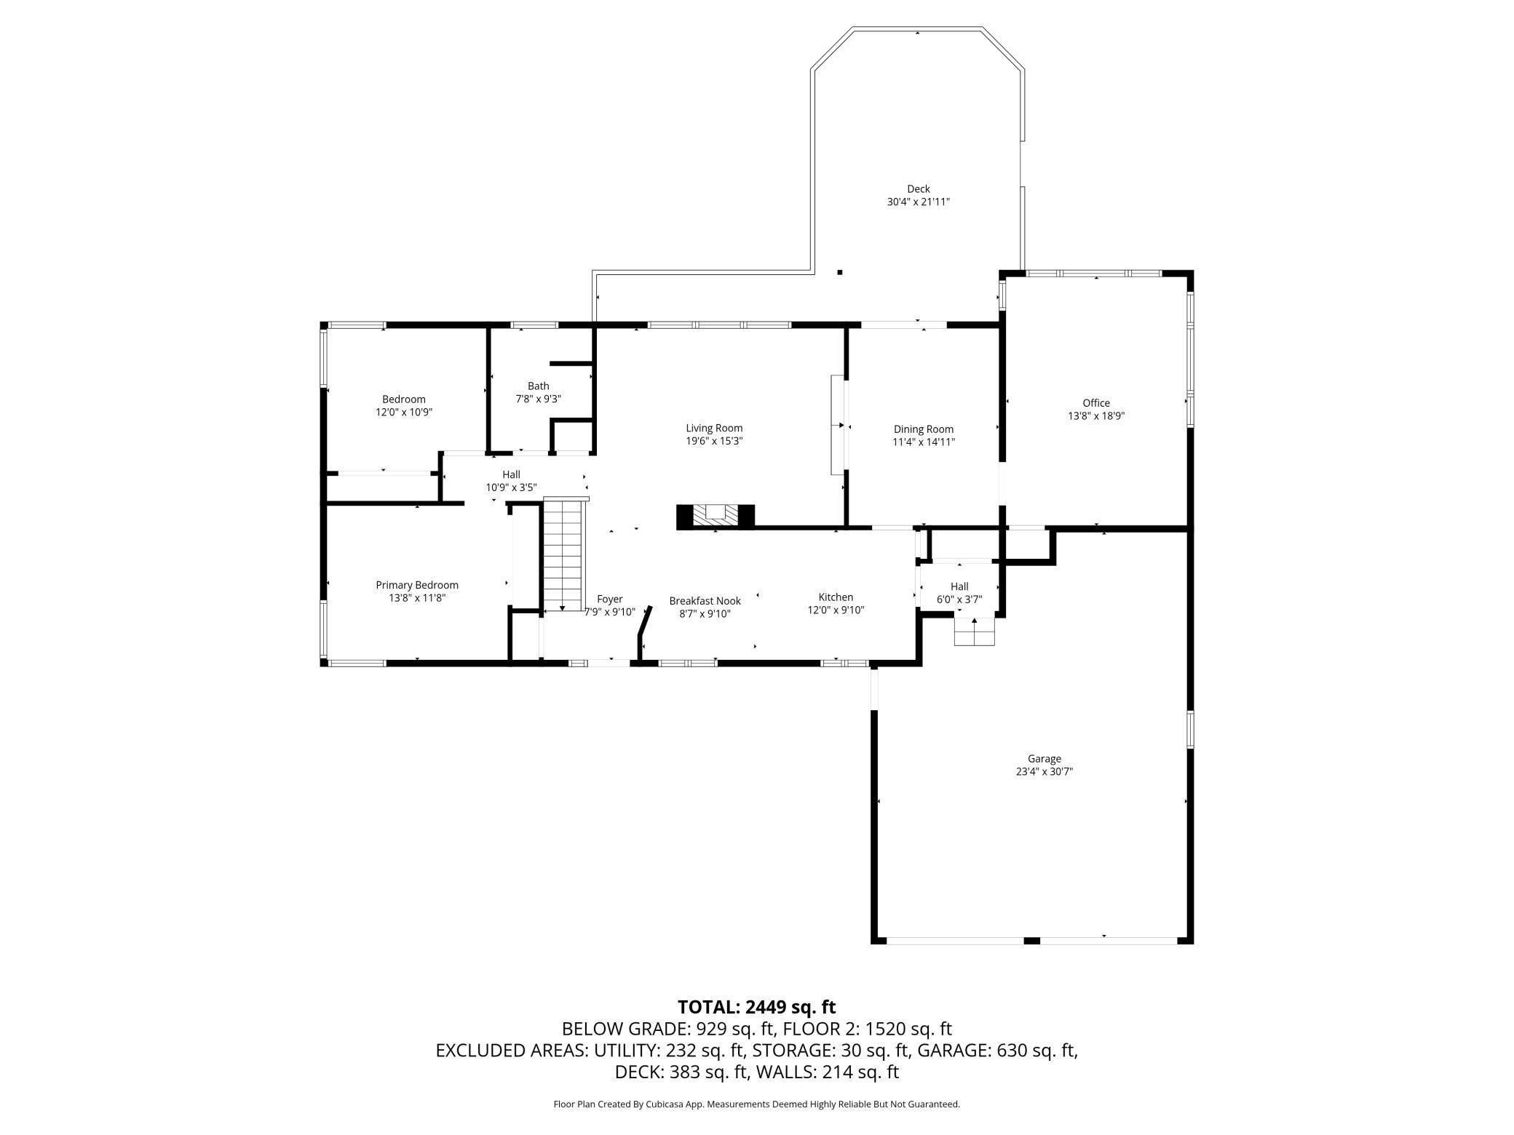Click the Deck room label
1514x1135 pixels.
tap(918, 189)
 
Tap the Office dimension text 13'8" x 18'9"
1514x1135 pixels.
tap(1096, 416)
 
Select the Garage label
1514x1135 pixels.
tap(1045, 759)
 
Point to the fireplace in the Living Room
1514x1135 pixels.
tap(716, 516)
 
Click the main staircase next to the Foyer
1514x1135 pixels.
tap(564, 554)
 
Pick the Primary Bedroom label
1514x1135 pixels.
tap(417, 585)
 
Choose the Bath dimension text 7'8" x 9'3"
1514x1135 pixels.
tap(539, 399)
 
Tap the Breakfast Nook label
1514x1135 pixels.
tap(705, 601)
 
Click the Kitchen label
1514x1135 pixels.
tap(836, 597)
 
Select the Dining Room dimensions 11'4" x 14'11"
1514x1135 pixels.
tap(924, 442)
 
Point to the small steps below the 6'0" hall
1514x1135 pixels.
tap(975, 632)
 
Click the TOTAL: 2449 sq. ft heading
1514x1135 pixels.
tap(757, 1007)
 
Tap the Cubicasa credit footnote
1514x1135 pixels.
tap(757, 1104)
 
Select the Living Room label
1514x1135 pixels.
tap(714, 428)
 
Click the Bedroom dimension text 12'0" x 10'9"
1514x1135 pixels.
tap(404, 412)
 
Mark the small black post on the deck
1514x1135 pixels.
tap(840, 272)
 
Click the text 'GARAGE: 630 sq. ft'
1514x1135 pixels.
tap(997, 1051)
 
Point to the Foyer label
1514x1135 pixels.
tap(610, 600)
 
